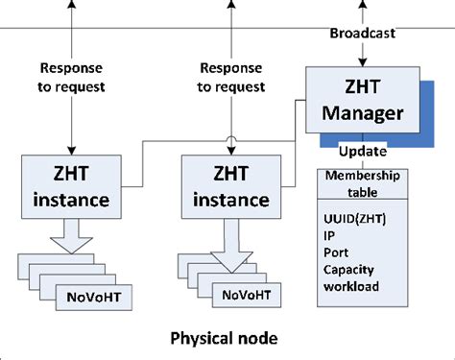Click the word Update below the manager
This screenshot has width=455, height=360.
click(364, 153)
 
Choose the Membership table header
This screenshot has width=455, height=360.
click(364, 183)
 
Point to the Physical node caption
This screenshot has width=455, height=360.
click(224, 338)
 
